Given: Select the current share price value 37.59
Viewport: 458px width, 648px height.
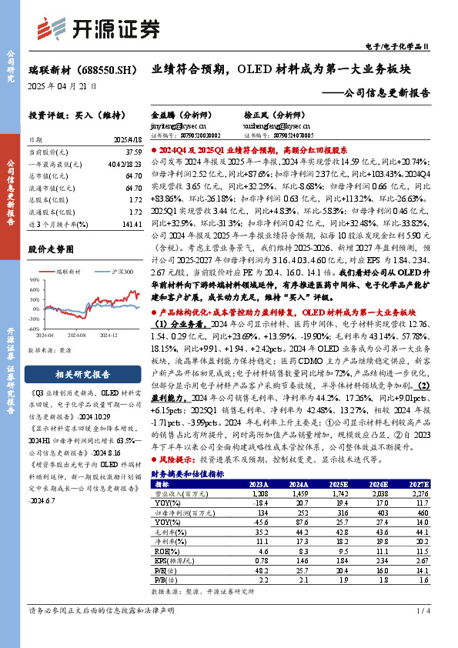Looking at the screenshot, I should click(132, 152).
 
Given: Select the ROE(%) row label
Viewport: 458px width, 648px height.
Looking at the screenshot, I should click(163, 552).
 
